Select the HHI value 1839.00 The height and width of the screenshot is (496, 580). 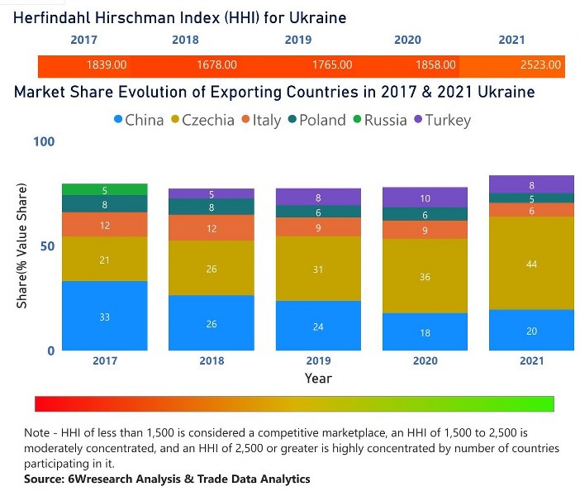(x=107, y=64)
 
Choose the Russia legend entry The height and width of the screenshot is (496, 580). (x=378, y=120)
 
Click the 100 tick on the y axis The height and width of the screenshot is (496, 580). (x=43, y=142)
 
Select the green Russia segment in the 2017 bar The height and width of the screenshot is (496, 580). (x=105, y=190)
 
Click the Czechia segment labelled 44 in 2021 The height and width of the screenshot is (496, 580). (x=530, y=263)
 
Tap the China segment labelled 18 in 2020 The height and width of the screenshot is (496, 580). (x=425, y=331)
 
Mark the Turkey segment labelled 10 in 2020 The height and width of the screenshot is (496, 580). (x=425, y=198)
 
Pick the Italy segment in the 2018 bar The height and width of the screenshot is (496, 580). (x=212, y=228)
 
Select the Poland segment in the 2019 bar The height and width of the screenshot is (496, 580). (x=318, y=212)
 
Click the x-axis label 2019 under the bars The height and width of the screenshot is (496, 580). (x=318, y=361)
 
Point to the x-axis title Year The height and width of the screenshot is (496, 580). (x=318, y=379)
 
